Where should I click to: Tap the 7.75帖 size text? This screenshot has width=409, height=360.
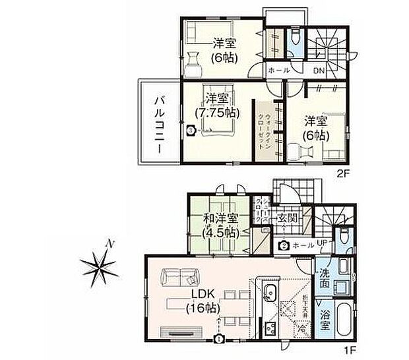(213, 111)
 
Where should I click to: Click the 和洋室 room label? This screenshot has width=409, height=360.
(218, 219)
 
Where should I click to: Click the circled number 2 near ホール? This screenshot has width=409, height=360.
(283, 246)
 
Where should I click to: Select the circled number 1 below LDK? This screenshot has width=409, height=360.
(218, 340)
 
